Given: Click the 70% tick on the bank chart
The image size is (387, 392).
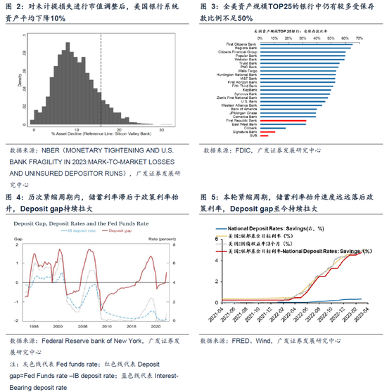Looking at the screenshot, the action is tap(359, 39).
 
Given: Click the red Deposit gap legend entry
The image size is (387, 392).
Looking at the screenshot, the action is tap(124, 230).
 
